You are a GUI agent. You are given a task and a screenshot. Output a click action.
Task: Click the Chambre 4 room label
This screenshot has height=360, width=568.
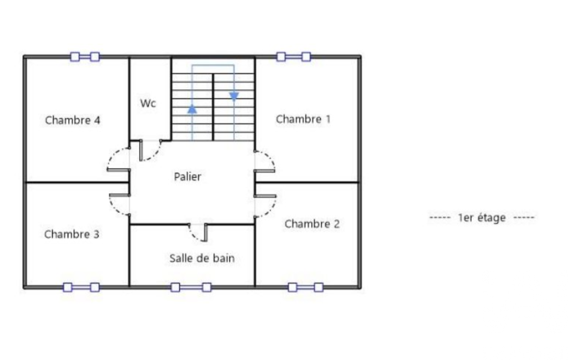click(73, 120)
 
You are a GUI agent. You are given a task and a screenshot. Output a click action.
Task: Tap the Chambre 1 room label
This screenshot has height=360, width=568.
click(303, 119)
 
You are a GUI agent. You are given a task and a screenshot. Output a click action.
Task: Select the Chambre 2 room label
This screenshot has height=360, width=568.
click(312, 224)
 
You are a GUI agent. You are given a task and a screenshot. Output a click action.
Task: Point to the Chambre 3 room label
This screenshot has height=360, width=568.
click(71, 234)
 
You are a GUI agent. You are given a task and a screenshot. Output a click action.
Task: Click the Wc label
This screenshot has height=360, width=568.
click(148, 103)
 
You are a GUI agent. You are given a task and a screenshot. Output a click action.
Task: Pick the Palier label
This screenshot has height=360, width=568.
click(187, 177)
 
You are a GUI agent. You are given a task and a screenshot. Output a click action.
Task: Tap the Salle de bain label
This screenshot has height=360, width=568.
click(202, 258)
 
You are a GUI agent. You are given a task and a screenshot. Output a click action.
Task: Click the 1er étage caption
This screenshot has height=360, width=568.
click(482, 218)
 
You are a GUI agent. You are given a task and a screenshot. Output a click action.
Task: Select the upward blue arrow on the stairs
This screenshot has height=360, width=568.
click(192, 109)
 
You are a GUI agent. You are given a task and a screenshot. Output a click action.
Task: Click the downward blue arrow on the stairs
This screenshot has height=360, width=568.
click(234, 96)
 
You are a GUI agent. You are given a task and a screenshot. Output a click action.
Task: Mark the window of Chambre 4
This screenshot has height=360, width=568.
click(85, 57)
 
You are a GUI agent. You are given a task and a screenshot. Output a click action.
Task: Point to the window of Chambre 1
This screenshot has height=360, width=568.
click(293, 57)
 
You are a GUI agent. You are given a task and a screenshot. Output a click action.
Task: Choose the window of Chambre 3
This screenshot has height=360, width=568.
click(81, 287)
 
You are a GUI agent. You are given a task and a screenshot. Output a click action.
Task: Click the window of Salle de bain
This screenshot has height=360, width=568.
click(191, 287)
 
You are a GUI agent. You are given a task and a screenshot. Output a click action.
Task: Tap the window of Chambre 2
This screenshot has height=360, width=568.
click(305, 287)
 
